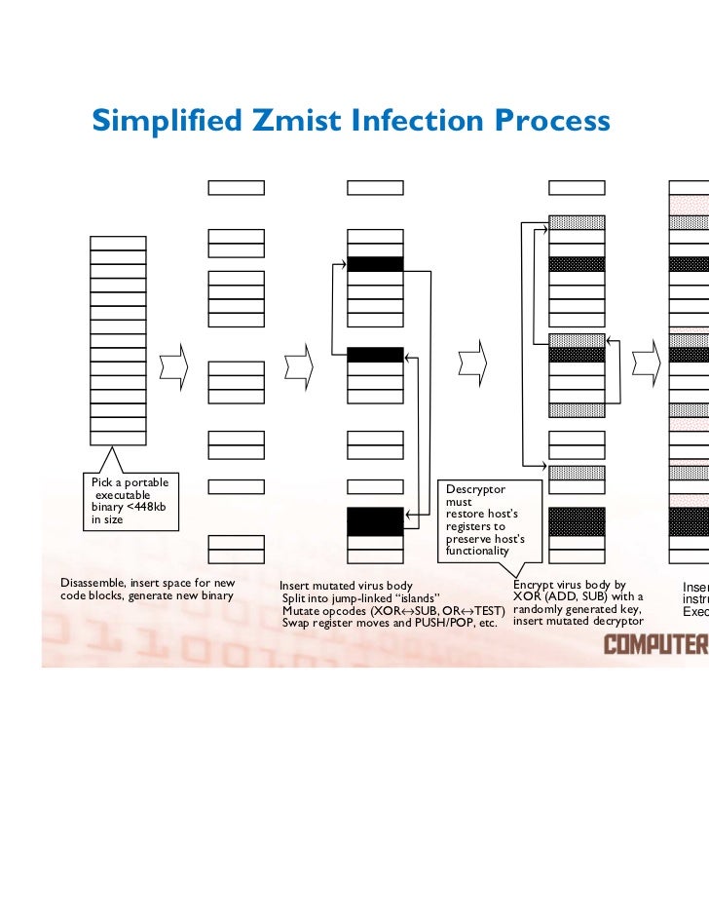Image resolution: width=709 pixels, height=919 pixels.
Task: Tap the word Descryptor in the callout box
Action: pos(475,488)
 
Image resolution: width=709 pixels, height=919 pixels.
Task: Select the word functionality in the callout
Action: pos(477,552)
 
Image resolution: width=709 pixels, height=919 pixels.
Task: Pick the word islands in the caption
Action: pos(415,597)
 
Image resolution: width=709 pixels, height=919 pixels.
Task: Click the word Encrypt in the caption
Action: pos(534,584)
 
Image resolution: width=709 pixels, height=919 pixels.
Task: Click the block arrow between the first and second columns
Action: pos(172,364)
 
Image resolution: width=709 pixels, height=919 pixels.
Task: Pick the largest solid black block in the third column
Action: pos(375,521)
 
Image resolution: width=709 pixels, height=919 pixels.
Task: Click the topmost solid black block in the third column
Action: pos(375,264)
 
